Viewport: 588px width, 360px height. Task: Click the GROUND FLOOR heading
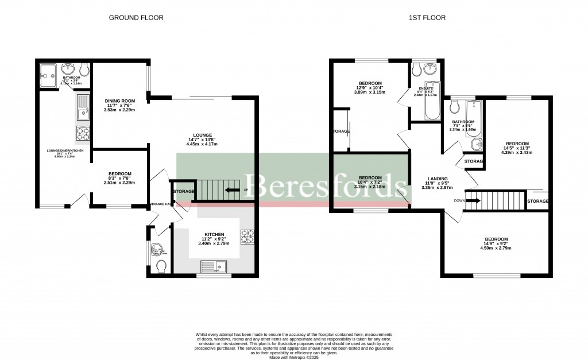(x=136, y=18)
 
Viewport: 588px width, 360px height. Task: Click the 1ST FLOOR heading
(x=427, y=18)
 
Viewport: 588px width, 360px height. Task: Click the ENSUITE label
(x=425, y=88)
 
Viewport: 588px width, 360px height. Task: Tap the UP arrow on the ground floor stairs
(x=233, y=190)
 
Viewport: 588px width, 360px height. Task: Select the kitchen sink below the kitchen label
(x=214, y=266)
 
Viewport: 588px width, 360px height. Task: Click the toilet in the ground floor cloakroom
(x=161, y=267)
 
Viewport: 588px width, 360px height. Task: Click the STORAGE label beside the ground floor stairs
(x=183, y=192)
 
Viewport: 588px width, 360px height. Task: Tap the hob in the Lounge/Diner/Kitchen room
(x=82, y=134)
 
